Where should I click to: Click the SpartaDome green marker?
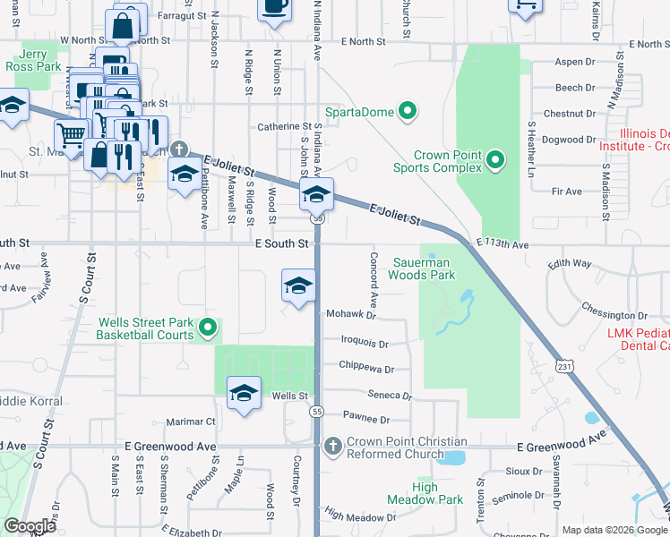pos(408,112)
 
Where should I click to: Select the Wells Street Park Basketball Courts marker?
pos(208,328)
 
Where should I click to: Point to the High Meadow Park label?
pos(425,493)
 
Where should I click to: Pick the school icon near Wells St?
pos(243,394)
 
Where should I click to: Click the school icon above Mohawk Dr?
pos(298,286)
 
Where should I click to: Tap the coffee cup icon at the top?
pos(274,7)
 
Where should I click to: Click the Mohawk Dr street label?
pos(349,315)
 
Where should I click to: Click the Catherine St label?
pos(284,127)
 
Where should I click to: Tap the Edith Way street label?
pos(570,264)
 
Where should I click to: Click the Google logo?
pos(30,527)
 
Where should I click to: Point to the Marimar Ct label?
pos(191,422)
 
